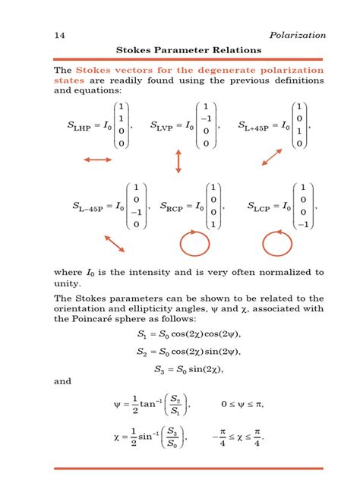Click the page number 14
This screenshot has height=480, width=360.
(x=58, y=35)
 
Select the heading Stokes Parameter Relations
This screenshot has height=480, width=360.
(x=188, y=50)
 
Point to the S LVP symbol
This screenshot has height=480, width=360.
(x=163, y=127)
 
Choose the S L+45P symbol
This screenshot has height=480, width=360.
(x=254, y=127)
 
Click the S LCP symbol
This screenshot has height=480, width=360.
(x=261, y=207)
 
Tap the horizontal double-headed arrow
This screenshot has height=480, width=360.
(x=96, y=159)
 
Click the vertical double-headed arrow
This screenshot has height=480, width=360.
(x=178, y=161)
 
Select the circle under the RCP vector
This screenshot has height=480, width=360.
(x=192, y=244)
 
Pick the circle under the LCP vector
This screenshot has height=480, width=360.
(x=277, y=244)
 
